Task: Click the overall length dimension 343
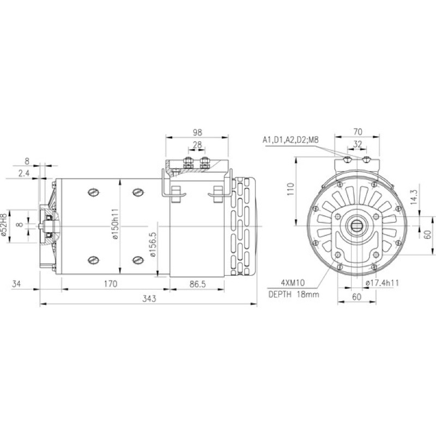click(149, 299)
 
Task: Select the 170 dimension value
click(111, 284)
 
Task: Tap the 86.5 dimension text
click(198, 284)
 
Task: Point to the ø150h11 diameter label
click(115, 224)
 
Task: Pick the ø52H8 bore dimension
click(4, 225)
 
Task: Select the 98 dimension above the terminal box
click(197, 132)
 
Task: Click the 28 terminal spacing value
click(197, 145)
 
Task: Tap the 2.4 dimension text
click(24, 173)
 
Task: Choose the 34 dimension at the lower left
click(16, 284)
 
